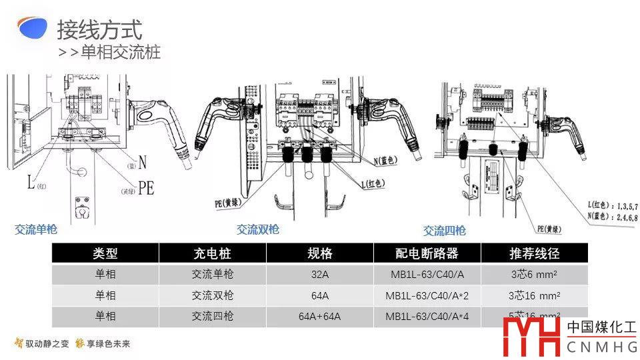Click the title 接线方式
tap(99, 30)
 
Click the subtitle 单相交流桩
tap(120, 52)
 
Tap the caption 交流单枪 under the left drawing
tap(36, 230)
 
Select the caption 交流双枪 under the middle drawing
tap(258, 229)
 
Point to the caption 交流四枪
tap(445, 231)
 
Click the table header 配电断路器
tap(427, 253)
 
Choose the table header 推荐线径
tap(534, 253)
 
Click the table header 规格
tap(320, 253)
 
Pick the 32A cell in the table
tap(320, 274)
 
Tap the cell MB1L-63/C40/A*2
tap(427, 295)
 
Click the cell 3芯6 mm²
tap(534, 274)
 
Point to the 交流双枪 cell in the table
tap(212, 295)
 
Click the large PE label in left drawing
tap(146, 188)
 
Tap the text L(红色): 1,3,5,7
tap(605, 207)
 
